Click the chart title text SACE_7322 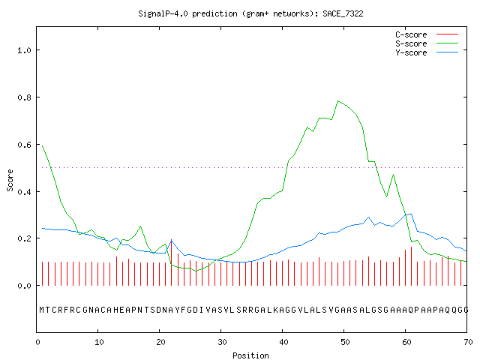pyautogui.click(x=343, y=13)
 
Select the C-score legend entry pyautogui.click(x=427, y=34)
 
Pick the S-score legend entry pyautogui.click(x=427, y=43)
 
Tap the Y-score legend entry pyautogui.click(x=427, y=52)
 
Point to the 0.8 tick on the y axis pyautogui.click(x=25, y=97)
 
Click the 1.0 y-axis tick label pyautogui.click(x=25, y=50)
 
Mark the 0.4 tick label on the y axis pyautogui.click(x=25, y=192)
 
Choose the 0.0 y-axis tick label pyautogui.click(x=25, y=286)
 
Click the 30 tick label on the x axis pyautogui.click(x=222, y=342)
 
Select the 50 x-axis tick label pyautogui.click(x=345, y=342)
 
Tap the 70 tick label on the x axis pyautogui.click(x=468, y=342)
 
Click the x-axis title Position pyautogui.click(x=250, y=355)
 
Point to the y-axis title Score pyautogui.click(x=10, y=180)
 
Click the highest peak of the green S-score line pyautogui.click(x=337, y=100)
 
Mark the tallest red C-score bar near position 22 pyautogui.click(x=172, y=262)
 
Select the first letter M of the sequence pyautogui.click(x=42, y=310)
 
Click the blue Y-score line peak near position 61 pyautogui.click(x=409, y=214)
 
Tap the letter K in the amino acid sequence pyautogui.click(x=276, y=310)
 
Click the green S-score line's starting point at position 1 pyautogui.click(x=43, y=146)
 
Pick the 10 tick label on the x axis pyautogui.click(x=99, y=342)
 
